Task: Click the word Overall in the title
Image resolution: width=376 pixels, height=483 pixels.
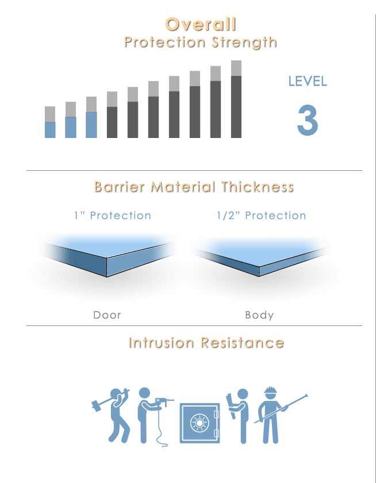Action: [201, 24]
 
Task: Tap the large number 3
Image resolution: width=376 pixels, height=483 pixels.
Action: [308, 120]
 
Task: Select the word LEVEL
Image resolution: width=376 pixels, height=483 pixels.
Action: [308, 81]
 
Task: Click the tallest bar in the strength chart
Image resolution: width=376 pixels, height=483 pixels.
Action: [236, 99]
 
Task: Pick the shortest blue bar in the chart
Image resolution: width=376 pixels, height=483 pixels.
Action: [50, 130]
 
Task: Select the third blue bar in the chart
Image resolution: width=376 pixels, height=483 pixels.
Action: [91, 125]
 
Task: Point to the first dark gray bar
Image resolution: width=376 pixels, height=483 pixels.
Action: [112, 122]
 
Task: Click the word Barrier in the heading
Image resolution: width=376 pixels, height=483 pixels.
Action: [119, 187]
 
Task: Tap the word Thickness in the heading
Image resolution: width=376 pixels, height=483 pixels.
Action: [258, 187]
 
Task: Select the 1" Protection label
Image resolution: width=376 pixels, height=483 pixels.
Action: [113, 216]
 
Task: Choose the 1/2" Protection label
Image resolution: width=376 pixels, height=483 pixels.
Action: [262, 216]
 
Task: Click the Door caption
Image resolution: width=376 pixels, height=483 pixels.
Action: [107, 315]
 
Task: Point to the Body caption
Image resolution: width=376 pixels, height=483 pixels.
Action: [259, 315]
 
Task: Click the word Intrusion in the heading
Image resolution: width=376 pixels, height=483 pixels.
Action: [161, 343]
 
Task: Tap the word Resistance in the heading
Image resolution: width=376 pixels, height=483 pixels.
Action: [243, 343]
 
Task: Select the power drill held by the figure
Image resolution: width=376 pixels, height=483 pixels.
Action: [162, 402]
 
